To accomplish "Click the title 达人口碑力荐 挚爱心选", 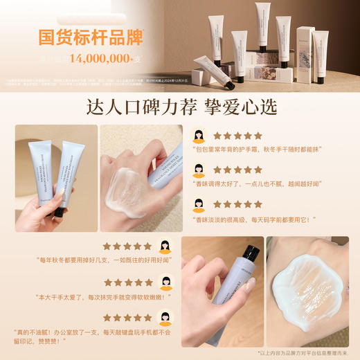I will tap(179, 107).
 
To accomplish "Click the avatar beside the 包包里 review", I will tap(199, 136).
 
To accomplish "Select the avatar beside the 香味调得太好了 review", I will tap(199, 170).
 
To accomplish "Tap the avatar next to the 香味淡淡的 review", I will tap(199, 206).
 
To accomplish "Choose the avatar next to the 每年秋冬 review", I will tap(165, 246).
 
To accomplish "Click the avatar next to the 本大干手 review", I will tap(165, 282).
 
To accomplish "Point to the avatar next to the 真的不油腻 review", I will tap(165, 318).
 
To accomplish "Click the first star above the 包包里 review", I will tap(217, 136).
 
